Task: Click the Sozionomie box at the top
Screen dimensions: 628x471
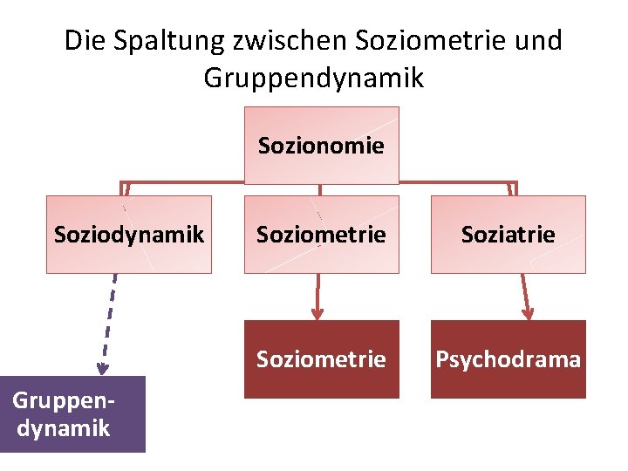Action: (321, 145)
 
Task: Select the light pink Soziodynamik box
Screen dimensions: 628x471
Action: (129, 234)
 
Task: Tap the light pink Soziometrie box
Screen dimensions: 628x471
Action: (321, 234)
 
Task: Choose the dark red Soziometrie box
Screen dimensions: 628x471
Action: (321, 358)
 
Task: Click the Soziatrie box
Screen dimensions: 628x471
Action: (508, 234)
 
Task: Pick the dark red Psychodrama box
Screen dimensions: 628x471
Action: (508, 358)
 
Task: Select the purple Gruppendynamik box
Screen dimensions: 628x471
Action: (72, 413)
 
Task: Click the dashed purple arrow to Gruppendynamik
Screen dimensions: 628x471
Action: (109, 323)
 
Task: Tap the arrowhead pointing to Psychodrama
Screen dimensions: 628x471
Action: (528, 312)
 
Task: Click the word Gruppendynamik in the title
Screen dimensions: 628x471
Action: (314, 78)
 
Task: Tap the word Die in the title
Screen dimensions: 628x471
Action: (83, 40)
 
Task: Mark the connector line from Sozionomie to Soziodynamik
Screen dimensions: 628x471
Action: (183, 183)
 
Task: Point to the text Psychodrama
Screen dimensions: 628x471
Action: (508, 359)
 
